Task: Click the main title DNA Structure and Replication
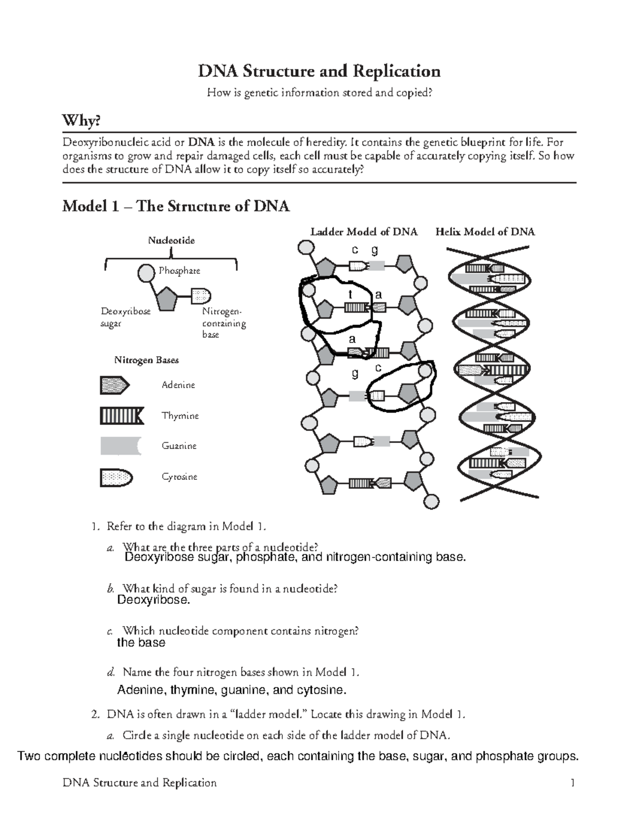pyautogui.click(x=319, y=71)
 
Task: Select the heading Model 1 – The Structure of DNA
pyautogui.click(x=176, y=206)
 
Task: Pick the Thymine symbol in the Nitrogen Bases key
pyautogui.click(x=121, y=416)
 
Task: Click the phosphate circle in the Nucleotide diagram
pyautogui.click(x=146, y=274)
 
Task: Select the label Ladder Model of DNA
pyautogui.click(x=364, y=232)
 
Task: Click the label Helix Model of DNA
pyautogui.click(x=485, y=232)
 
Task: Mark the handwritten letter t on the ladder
pyautogui.click(x=350, y=294)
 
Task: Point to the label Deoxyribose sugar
pyautogui.click(x=126, y=317)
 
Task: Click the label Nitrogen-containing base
pyautogui.click(x=223, y=323)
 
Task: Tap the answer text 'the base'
pyautogui.click(x=141, y=643)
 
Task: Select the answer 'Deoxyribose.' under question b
pyautogui.click(x=153, y=600)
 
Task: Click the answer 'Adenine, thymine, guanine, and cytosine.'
pyautogui.click(x=231, y=690)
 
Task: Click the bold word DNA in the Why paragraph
pyautogui.click(x=201, y=142)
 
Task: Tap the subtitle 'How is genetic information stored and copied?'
pyautogui.click(x=319, y=93)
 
